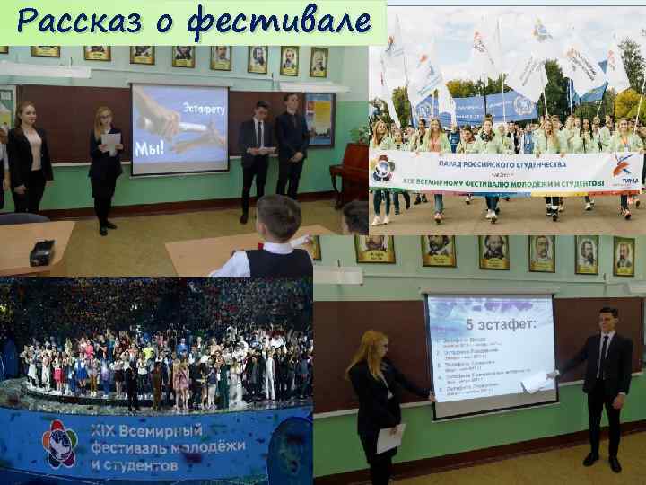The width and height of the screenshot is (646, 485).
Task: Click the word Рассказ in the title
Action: click(x=76, y=21)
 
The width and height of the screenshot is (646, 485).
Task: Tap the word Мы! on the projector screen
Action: click(x=147, y=147)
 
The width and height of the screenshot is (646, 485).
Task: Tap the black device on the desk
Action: click(x=42, y=253)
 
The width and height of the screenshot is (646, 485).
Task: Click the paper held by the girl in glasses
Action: click(x=110, y=142)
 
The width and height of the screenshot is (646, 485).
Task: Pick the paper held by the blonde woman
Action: click(x=389, y=438)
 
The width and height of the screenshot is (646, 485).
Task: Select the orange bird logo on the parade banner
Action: click(x=626, y=165)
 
